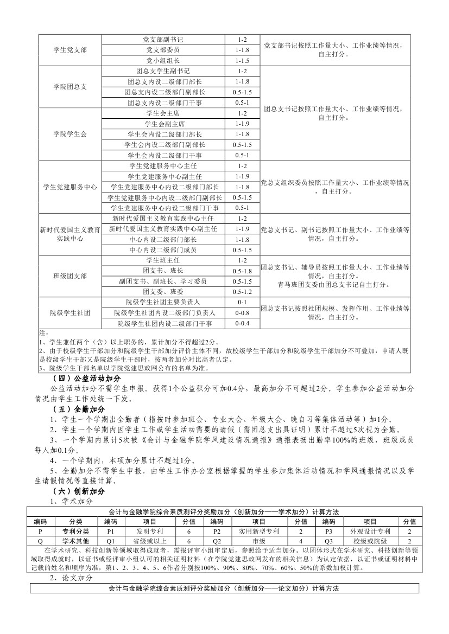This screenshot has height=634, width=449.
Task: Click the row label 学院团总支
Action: [x=70, y=87]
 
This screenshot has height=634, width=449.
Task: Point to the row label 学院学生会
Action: [x=70, y=134]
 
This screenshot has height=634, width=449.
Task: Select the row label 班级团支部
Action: [x=70, y=276]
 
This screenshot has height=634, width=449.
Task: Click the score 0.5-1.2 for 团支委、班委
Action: [x=242, y=292]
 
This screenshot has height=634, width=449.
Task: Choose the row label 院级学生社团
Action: [x=70, y=313]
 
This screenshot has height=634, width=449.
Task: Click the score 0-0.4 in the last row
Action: [x=242, y=323]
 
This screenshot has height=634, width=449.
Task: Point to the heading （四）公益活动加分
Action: [x=86, y=378]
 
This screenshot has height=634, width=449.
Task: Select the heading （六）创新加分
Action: [x=79, y=491]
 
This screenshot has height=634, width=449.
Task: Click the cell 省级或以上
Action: [x=146, y=541]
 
